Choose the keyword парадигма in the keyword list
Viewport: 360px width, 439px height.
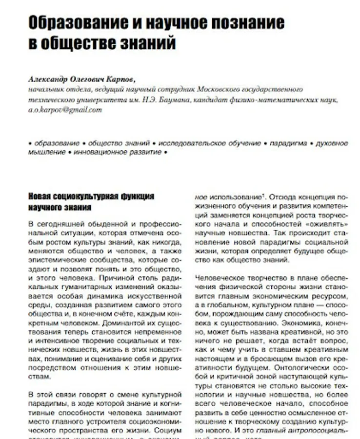(x=288, y=143)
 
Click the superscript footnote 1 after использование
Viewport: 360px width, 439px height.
(x=263, y=196)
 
